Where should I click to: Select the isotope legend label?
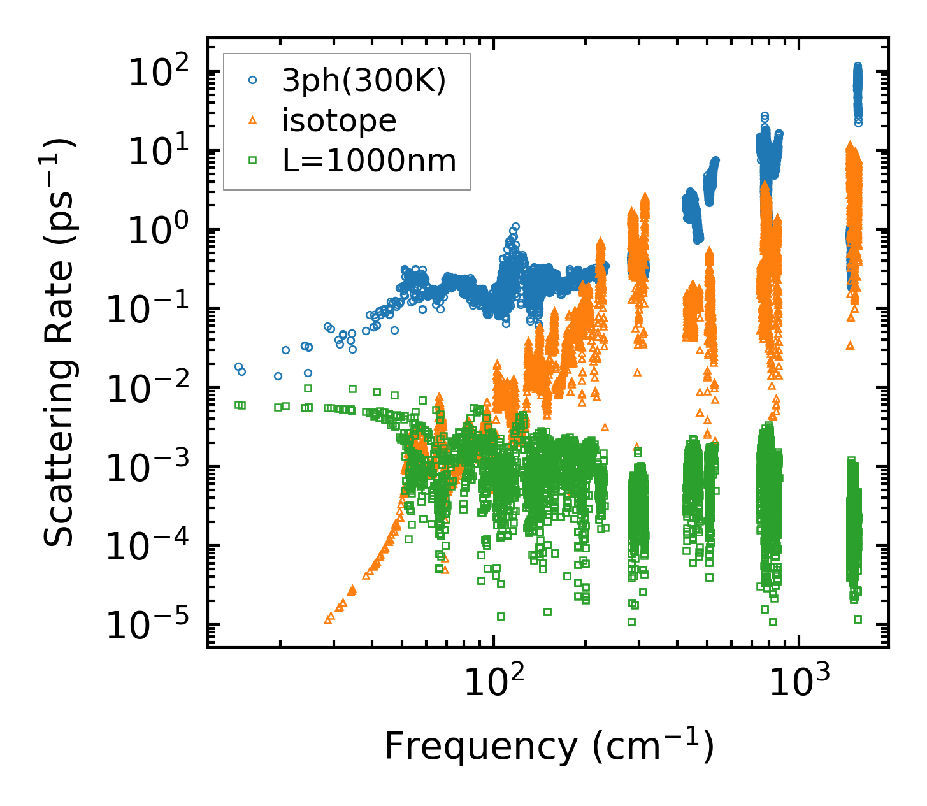point(339,120)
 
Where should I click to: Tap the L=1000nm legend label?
point(370,161)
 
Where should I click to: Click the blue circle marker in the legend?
point(253,80)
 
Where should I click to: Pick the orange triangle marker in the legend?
point(253,120)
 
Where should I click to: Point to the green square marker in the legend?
point(253,161)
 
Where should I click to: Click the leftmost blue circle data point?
point(238,367)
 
